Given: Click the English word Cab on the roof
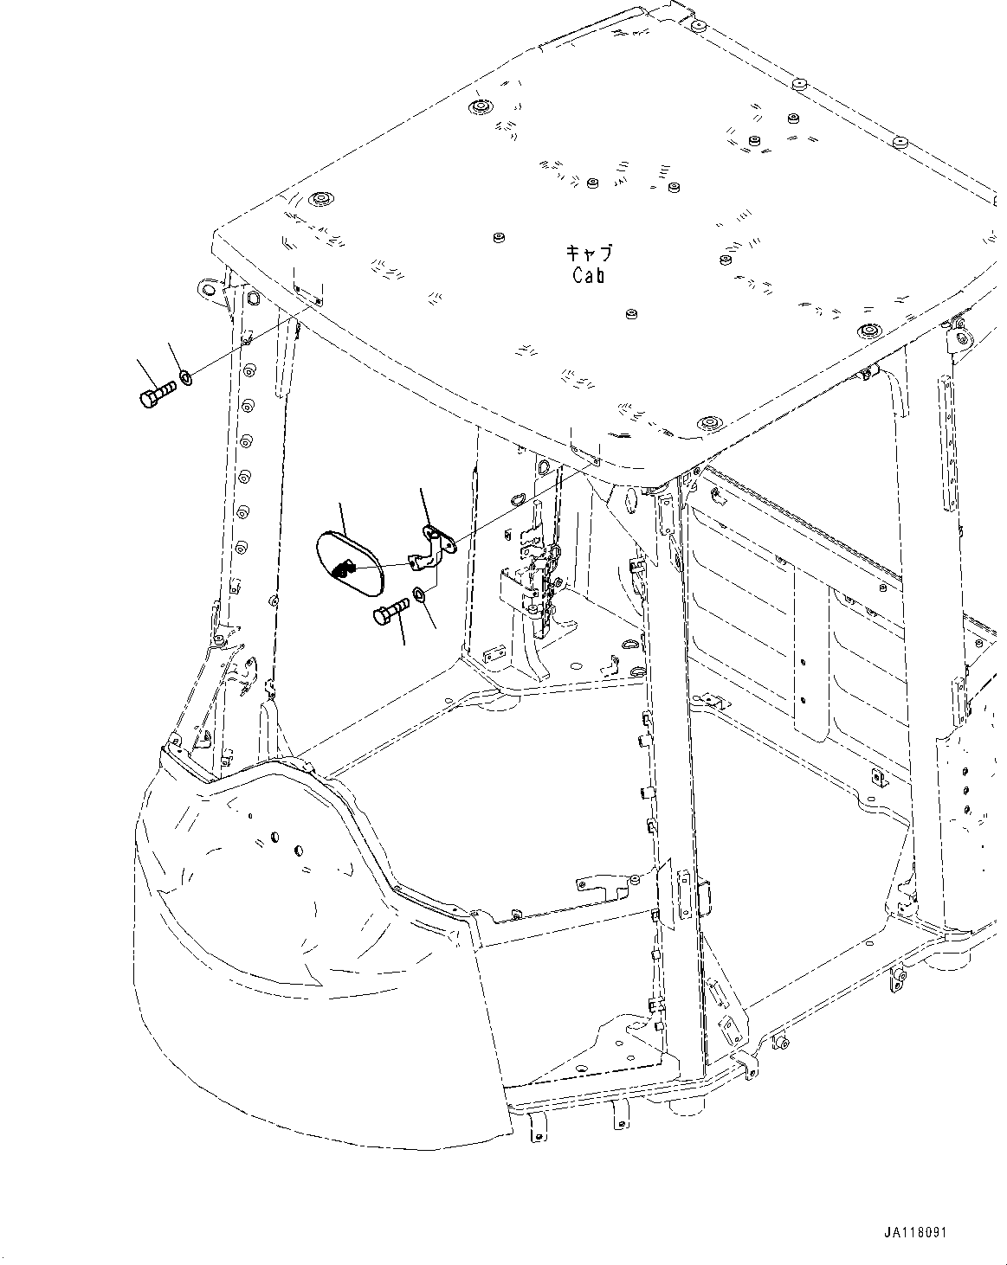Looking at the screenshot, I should pyautogui.click(x=589, y=276).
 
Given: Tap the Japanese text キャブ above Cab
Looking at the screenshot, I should pyautogui.click(x=589, y=253).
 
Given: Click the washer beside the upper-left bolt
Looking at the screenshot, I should pyautogui.click(x=186, y=376).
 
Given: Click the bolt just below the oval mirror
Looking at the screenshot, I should pyautogui.click(x=391, y=613).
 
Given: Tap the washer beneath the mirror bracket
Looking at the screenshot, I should pyautogui.click(x=419, y=594).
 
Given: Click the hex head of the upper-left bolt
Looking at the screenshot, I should pyautogui.click(x=146, y=399).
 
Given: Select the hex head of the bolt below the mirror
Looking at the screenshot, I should pyautogui.click(x=380, y=617).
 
